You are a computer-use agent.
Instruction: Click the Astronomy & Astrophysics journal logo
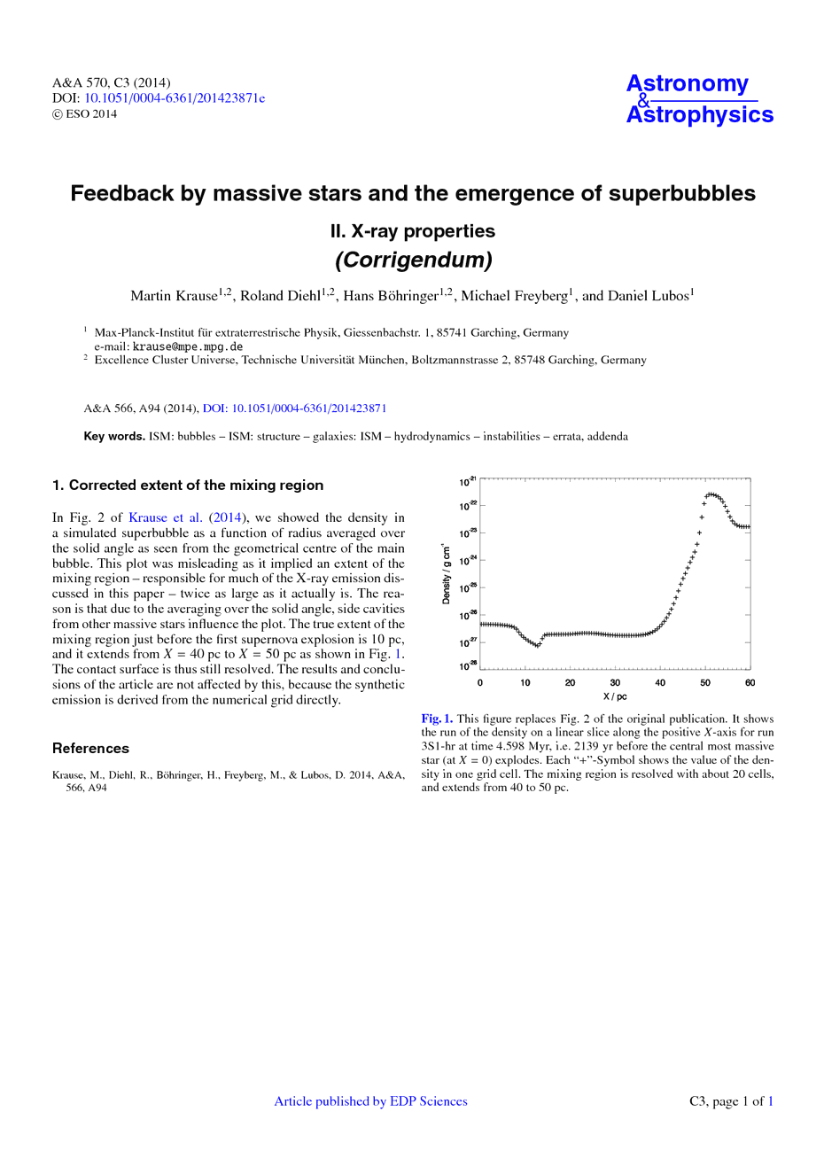point(699,99)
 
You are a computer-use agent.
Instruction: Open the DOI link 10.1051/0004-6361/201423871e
point(175,98)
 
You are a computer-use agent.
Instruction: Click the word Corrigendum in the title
point(413,260)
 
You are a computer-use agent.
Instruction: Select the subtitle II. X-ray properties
point(413,231)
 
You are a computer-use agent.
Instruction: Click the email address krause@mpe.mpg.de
point(188,346)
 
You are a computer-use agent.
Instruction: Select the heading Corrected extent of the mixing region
point(196,486)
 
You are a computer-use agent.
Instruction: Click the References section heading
point(90,749)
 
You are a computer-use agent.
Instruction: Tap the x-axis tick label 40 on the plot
point(660,683)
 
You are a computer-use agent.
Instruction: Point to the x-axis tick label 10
point(525,683)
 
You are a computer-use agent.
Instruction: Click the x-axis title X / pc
point(615,696)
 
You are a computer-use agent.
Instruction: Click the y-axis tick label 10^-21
point(467,481)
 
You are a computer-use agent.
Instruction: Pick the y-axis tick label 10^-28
point(467,665)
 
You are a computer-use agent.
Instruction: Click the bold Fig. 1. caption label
point(437,719)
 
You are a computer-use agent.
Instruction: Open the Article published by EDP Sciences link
point(370,1101)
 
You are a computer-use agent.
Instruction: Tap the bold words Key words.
point(114,436)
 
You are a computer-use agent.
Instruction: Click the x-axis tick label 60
point(750,683)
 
